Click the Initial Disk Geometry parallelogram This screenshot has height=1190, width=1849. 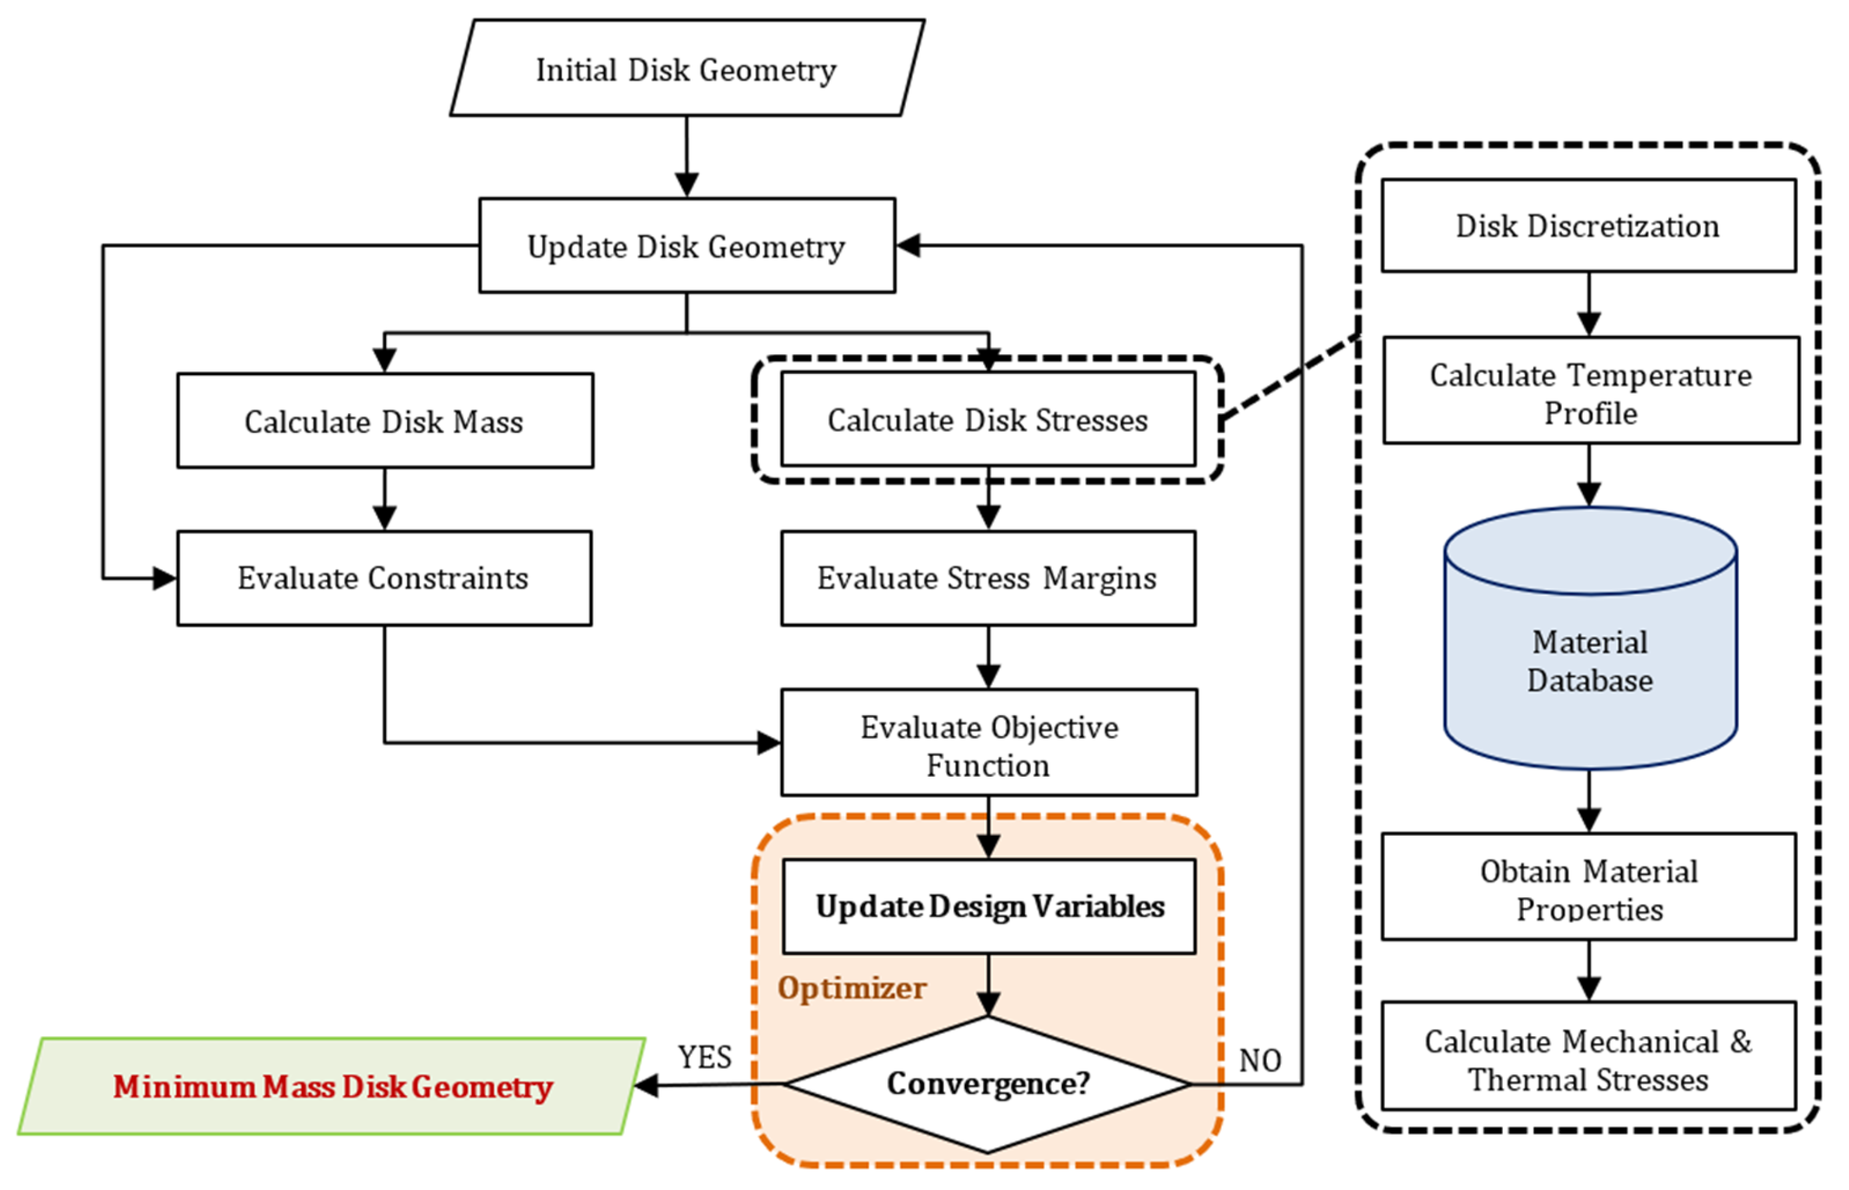[686, 68]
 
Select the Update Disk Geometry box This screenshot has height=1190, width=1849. [687, 246]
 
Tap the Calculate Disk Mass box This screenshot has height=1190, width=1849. [385, 421]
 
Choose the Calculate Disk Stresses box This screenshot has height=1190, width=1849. [988, 419]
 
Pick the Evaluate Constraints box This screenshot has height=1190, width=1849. [384, 578]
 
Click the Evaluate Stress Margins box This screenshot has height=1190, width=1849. [988, 578]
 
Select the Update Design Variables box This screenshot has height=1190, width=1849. [989, 906]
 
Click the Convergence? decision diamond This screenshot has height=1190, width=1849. [988, 1084]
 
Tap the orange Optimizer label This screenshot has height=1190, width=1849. [852, 988]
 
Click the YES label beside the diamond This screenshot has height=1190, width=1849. [705, 1057]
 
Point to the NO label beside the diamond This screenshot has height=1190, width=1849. [1260, 1060]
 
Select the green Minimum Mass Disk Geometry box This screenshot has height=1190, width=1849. [332, 1085]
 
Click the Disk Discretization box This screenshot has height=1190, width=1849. [1589, 226]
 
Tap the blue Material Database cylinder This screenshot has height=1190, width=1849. [1591, 638]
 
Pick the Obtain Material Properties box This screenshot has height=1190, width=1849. [1589, 887]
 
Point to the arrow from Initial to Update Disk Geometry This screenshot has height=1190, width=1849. [687, 157]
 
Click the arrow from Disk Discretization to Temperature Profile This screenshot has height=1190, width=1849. [1589, 304]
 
